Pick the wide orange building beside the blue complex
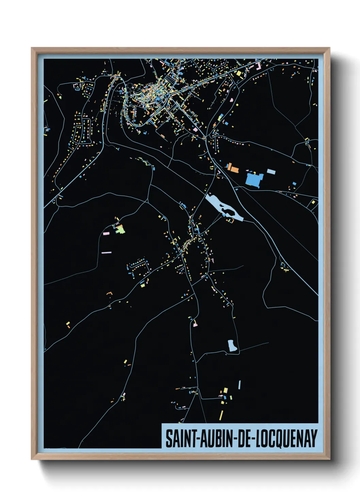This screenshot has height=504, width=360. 235,168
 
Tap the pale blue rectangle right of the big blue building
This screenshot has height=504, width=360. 271,171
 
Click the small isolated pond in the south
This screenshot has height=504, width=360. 232,346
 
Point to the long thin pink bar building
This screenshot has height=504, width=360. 107,252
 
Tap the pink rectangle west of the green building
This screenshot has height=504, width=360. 106,234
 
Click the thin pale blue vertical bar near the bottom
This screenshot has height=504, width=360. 240,385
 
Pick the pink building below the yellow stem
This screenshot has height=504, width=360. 195,325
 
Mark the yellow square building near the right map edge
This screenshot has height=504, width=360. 313,202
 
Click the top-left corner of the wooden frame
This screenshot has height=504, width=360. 32,48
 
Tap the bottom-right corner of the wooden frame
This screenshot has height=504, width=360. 329,459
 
